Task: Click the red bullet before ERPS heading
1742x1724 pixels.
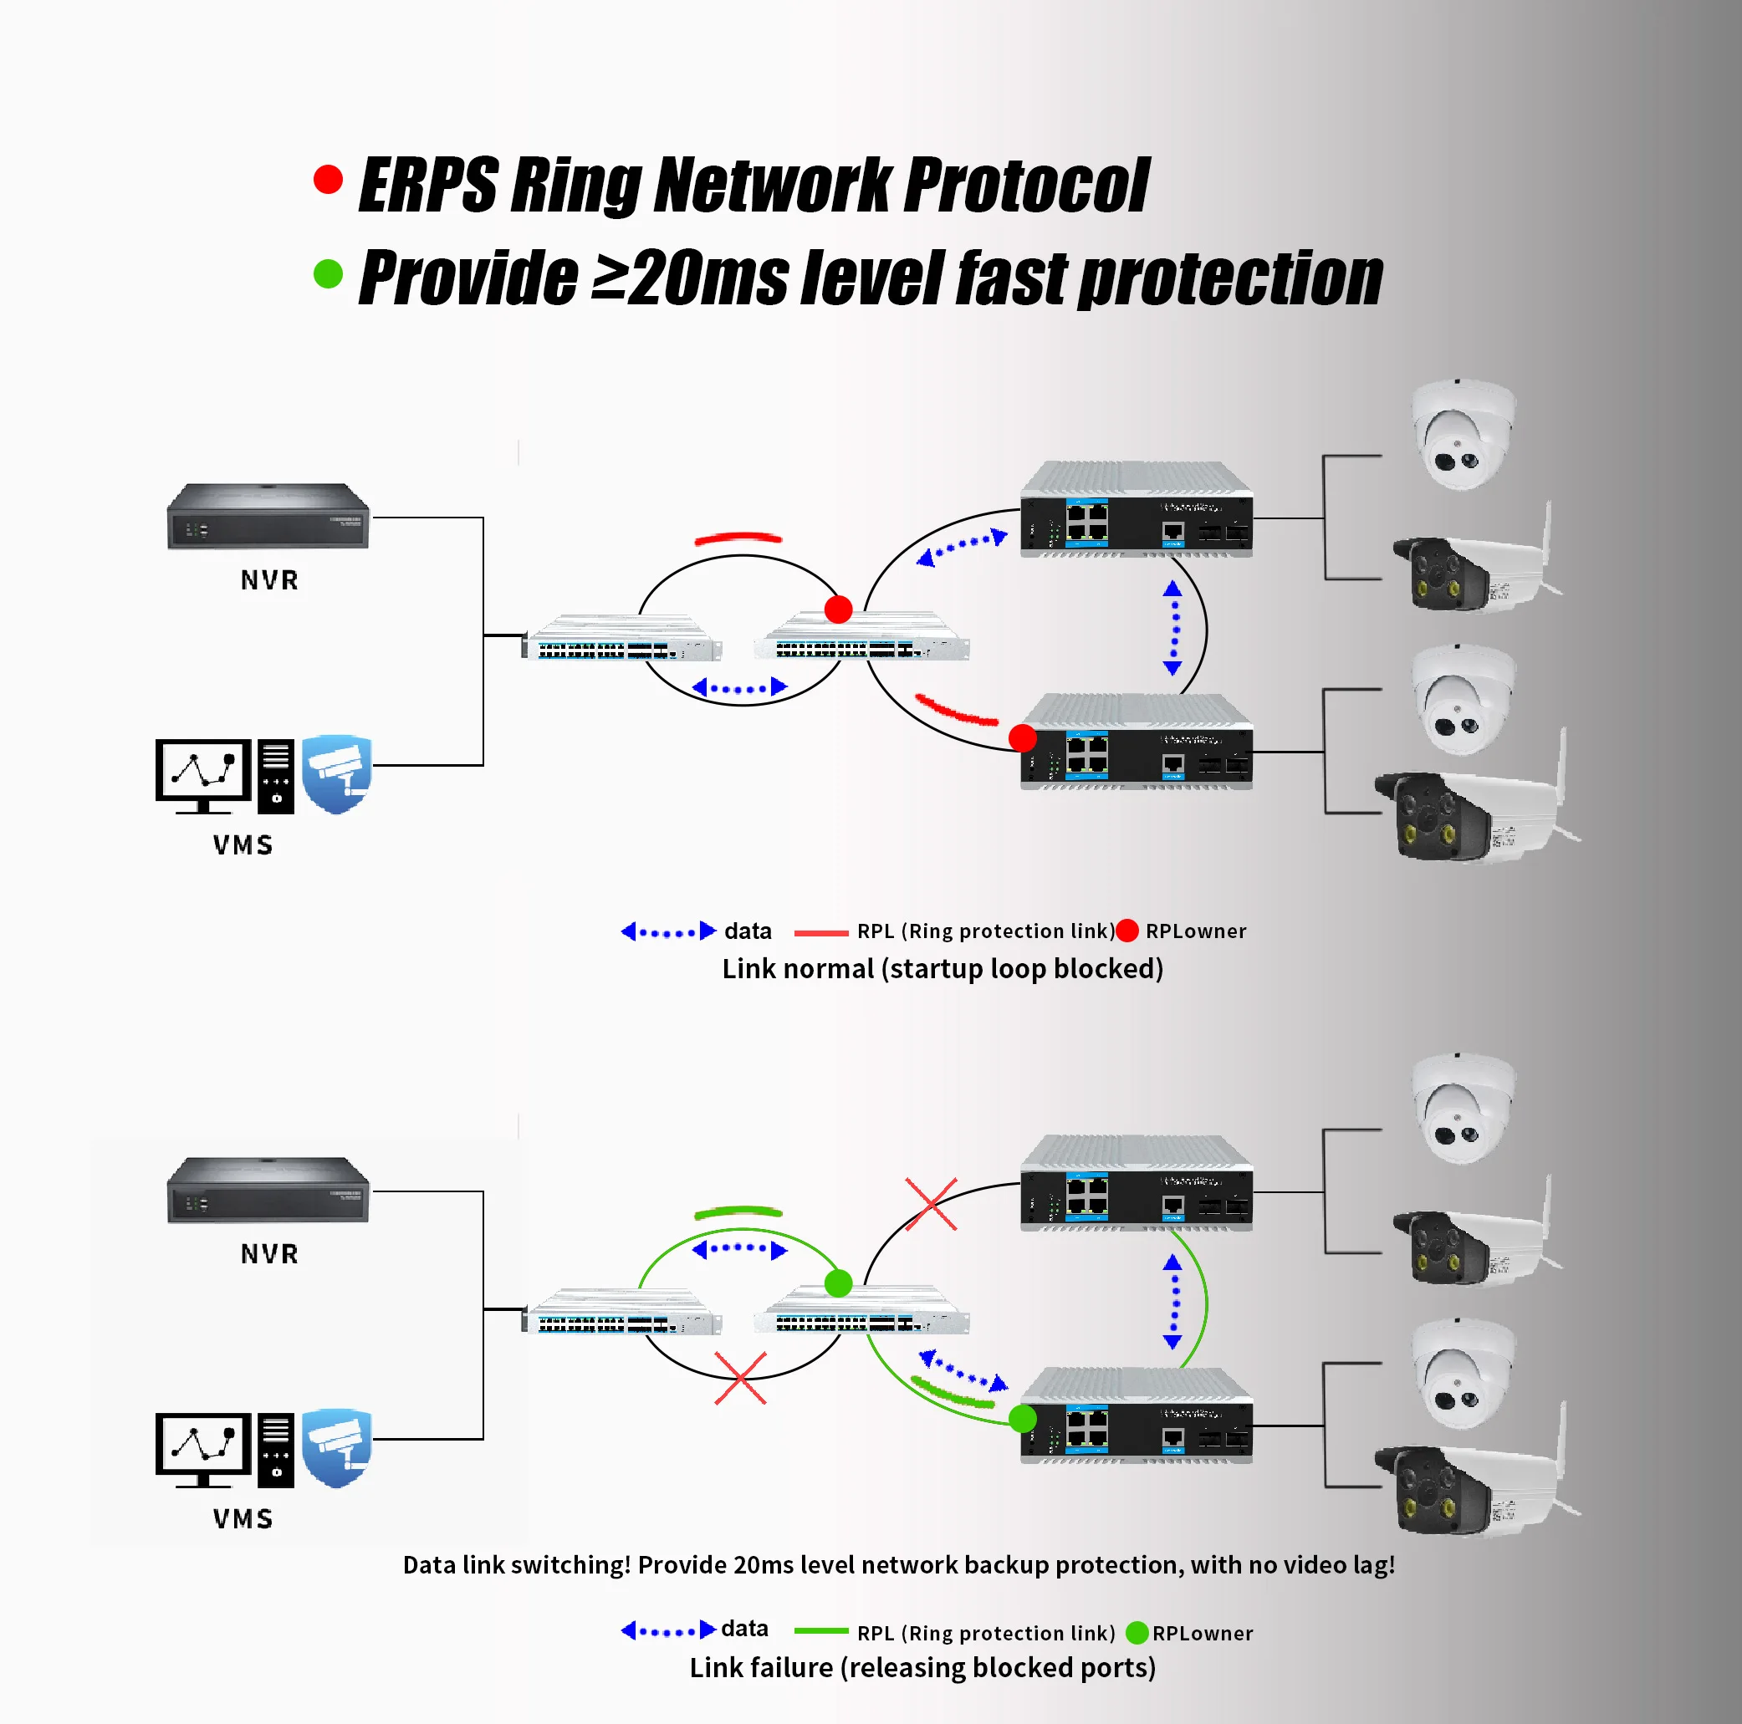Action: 328,179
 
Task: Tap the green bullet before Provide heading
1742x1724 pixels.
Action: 328,274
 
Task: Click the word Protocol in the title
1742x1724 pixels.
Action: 1026,186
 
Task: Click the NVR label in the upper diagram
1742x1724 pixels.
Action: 269,580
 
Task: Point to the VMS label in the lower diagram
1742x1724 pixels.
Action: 243,1519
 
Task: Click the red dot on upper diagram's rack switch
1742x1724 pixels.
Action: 839,610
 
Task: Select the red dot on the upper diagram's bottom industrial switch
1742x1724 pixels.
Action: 1023,738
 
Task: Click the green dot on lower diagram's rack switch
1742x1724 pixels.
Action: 839,1283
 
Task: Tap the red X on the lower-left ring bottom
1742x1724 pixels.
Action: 740,1378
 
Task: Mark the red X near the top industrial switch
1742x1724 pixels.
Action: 931,1204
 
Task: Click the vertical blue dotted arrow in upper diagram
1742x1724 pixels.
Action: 1172,628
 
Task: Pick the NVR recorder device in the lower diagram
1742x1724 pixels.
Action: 268,1191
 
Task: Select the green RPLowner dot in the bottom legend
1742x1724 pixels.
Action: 1137,1633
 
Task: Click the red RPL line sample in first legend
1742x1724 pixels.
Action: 820,933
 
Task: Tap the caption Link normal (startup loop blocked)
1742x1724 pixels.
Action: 943,969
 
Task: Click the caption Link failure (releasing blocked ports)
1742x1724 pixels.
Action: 922,1668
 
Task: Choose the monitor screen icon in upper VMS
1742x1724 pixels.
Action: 203,772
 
